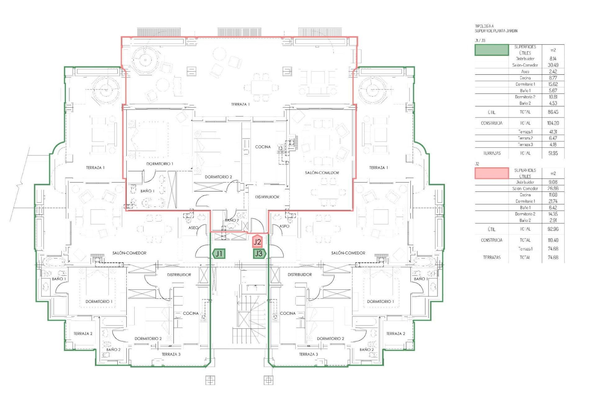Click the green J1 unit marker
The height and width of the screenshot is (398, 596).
tap(219, 254)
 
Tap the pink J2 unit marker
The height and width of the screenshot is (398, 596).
tap(257, 242)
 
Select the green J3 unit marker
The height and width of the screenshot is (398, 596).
tap(259, 254)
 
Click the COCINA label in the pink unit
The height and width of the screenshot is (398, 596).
tap(263, 147)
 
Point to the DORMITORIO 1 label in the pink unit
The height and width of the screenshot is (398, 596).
tap(160, 164)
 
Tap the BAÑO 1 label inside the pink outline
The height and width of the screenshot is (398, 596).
tap(147, 191)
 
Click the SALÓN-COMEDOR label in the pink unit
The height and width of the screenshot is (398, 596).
tap(322, 173)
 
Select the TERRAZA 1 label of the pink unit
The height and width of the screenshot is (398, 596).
tap(240, 104)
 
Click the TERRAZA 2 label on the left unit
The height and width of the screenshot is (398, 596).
tap(83, 334)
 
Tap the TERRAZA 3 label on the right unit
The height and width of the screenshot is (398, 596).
tap(308, 354)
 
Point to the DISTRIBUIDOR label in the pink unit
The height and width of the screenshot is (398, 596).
tap(267, 197)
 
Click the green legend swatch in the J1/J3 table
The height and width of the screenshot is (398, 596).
tap(492, 50)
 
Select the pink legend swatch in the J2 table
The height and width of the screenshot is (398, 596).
tap(492, 173)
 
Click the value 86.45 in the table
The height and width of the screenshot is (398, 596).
tap(553, 112)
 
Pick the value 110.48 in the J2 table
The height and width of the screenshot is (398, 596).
tap(553, 240)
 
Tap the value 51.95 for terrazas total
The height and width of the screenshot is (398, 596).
tap(553, 153)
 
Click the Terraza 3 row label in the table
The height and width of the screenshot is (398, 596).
tap(525, 145)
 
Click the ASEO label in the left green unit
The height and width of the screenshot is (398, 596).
tap(193, 228)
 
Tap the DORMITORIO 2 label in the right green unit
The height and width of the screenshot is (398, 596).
tap(330, 339)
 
